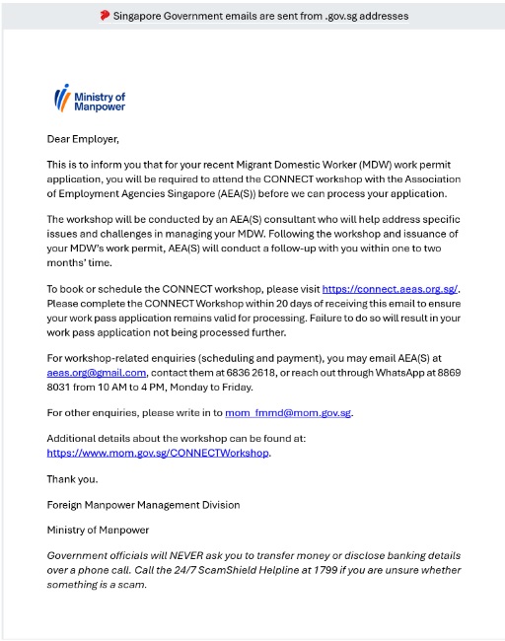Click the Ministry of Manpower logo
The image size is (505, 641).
pos(89,99)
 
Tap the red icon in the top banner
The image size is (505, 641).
pos(105,16)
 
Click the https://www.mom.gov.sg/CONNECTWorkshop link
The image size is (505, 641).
pos(158,453)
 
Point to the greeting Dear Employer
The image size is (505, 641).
pos(83,139)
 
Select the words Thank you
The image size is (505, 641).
pos(72,478)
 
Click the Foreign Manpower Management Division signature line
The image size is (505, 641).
pos(143,505)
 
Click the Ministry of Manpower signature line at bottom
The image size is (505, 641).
pos(97,531)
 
